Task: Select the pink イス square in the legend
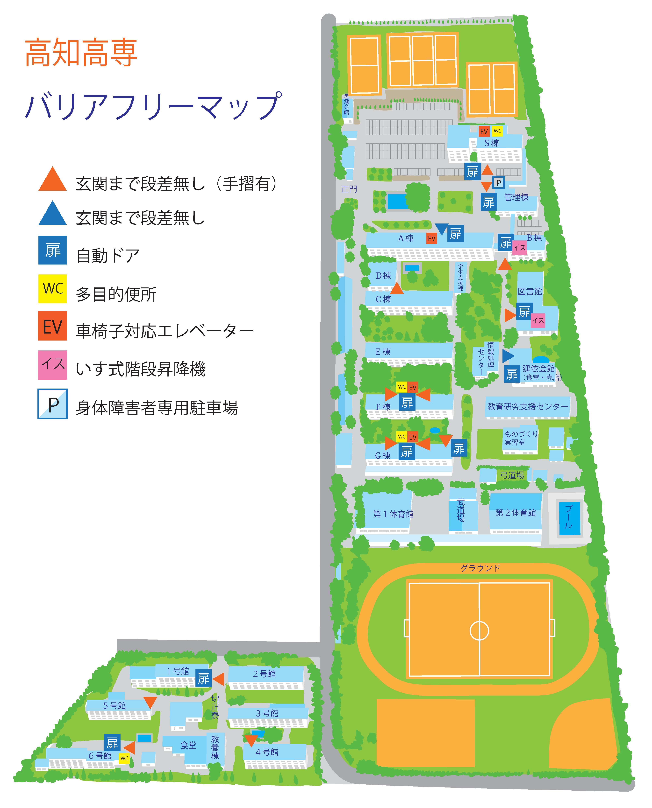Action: click(x=53, y=364)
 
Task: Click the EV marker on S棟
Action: click(x=484, y=131)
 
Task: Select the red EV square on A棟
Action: click(x=431, y=238)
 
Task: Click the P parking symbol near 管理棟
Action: click(x=498, y=183)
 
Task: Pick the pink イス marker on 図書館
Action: click(x=538, y=320)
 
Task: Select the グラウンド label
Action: click(x=480, y=568)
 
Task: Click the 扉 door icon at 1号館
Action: click(x=203, y=679)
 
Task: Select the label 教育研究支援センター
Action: click(x=527, y=406)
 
